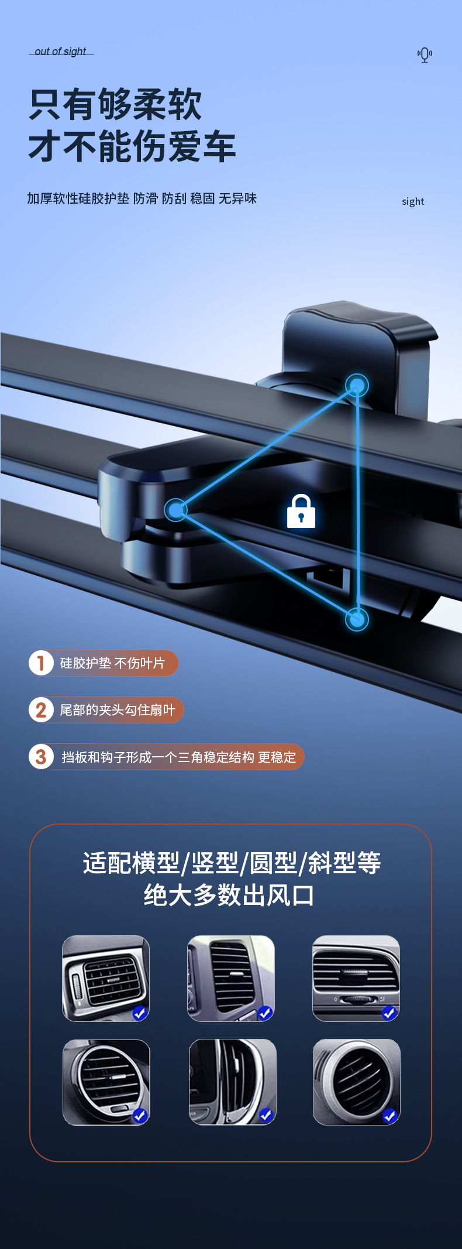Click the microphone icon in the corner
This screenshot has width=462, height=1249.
pyautogui.click(x=425, y=55)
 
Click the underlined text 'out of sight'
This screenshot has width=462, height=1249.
pyautogui.click(x=60, y=52)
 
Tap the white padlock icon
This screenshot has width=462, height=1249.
pyautogui.click(x=301, y=512)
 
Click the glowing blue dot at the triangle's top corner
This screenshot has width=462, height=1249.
pyautogui.click(x=357, y=385)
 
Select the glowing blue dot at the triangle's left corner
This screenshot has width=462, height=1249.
pyautogui.click(x=175, y=510)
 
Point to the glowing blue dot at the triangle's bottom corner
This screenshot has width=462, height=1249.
pyautogui.click(x=357, y=619)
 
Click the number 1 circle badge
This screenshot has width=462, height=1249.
pyautogui.click(x=41, y=663)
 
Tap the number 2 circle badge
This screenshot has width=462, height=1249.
pyautogui.click(x=41, y=710)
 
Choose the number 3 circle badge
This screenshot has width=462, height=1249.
pyautogui.click(x=41, y=757)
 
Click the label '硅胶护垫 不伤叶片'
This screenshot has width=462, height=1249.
pyautogui.click(x=112, y=663)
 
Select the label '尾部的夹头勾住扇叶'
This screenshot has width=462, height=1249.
pyautogui.click(x=118, y=710)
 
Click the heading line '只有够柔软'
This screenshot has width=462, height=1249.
pyautogui.click(x=115, y=105)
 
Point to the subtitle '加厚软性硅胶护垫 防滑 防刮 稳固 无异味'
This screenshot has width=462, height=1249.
pyautogui.click(x=142, y=198)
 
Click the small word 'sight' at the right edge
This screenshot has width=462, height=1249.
pyautogui.click(x=413, y=202)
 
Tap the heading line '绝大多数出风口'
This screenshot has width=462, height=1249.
pyautogui.click(x=229, y=895)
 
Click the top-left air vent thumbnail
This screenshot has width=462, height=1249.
pyautogui.click(x=106, y=979)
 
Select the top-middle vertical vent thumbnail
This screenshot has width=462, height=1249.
pyautogui.click(x=231, y=979)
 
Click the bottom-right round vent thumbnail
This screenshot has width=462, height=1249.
pyautogui.click(x=357, y=1082)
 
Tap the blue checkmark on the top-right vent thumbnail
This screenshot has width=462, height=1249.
pyautogui.click(x=389, y=1013)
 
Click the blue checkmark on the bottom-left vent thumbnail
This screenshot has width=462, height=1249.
pyautogui.click(x=139, y=1116)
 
